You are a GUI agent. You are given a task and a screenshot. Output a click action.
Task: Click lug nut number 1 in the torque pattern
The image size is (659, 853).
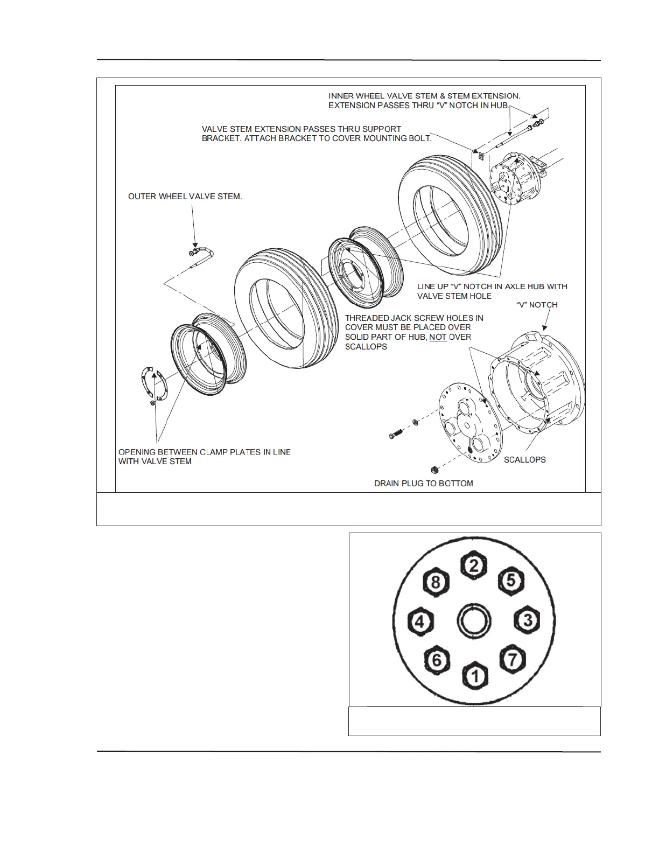tap(475, 675)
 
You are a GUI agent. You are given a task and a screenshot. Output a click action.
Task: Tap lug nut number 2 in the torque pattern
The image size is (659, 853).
tap(474, 565)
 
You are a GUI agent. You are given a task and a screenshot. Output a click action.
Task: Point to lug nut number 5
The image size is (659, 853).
tap(511, 581)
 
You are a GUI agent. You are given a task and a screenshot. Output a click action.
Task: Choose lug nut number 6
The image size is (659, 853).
tap(437, 659)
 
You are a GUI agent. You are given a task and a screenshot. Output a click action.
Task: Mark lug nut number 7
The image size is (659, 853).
tap(513, 659)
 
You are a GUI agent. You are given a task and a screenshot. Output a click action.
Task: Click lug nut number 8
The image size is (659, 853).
tap(436, 582)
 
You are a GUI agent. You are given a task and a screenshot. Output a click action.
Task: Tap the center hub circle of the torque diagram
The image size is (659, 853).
tap(474, 621)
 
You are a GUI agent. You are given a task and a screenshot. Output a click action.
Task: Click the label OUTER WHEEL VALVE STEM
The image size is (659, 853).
tap(185, 197)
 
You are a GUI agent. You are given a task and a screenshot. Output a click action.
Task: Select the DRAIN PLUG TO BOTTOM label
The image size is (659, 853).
tap(423, 484)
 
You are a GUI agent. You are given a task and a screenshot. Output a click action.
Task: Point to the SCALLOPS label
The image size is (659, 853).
tap(524, 460)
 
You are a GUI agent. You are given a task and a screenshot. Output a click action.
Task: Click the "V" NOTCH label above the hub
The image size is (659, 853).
tap(536, 305)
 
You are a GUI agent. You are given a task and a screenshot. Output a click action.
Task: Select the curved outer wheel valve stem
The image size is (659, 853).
tap(203, 253)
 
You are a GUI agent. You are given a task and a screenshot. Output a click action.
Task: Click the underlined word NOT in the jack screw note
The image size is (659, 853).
tap(438, 337)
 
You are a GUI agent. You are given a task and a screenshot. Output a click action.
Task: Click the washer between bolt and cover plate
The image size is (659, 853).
tap(416, 421)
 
